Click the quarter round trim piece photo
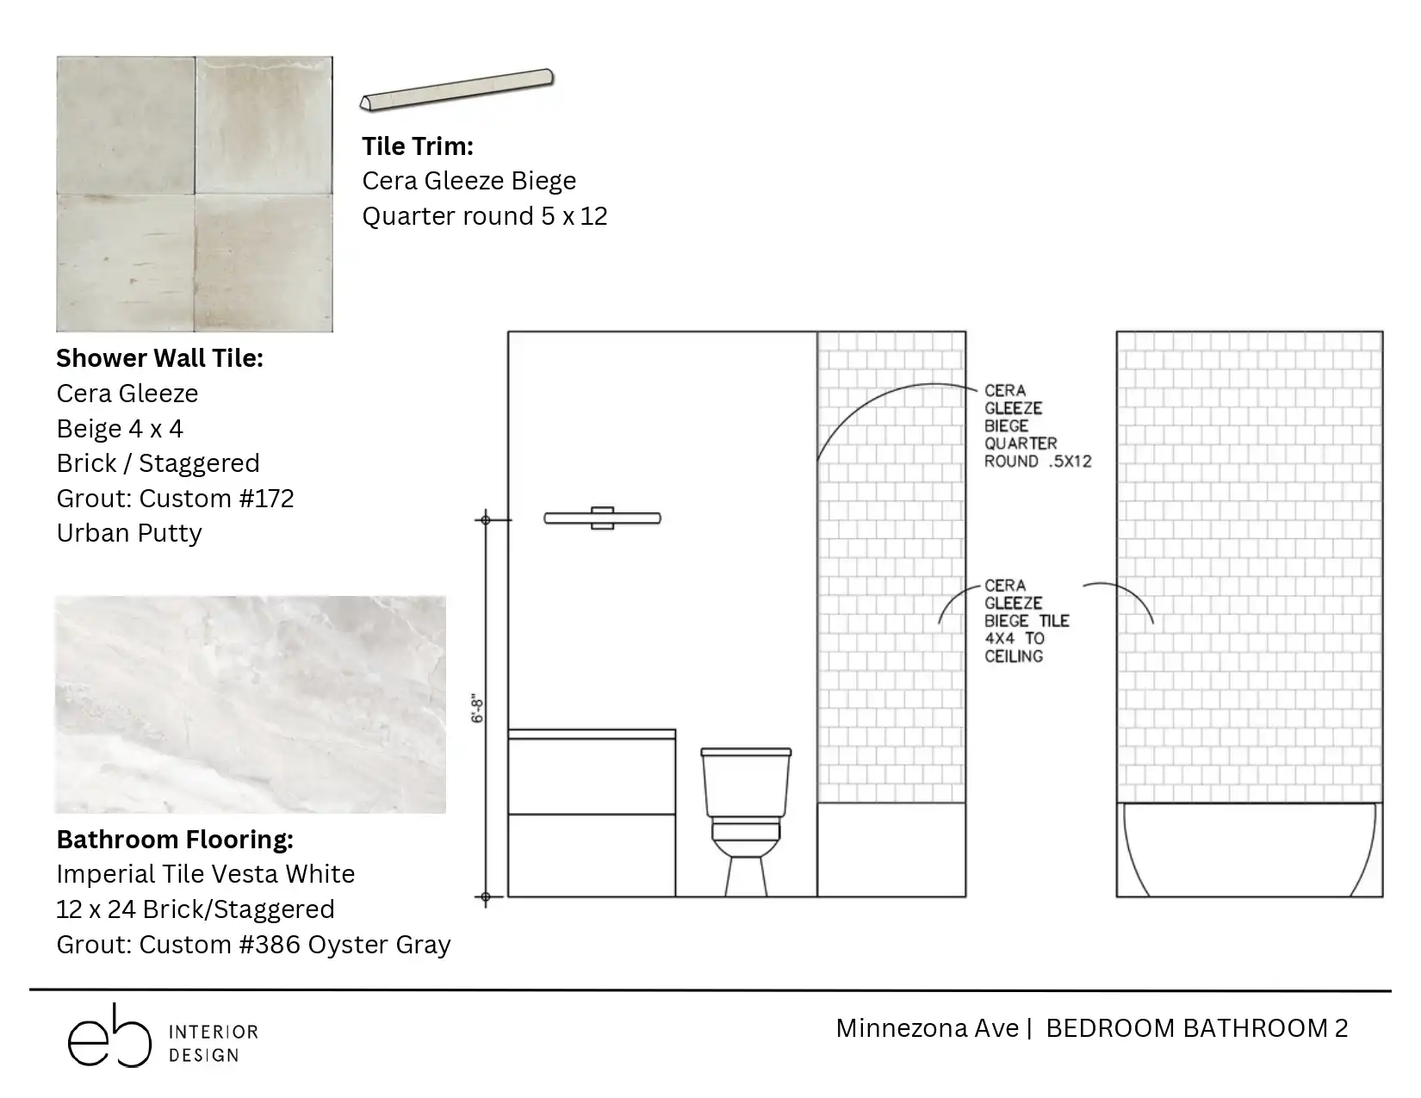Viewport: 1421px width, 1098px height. [456, 90]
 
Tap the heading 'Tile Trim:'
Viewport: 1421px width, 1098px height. [417, 146]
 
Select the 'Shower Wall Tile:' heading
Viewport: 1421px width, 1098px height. [159, 358]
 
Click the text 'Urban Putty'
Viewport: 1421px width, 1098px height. [129, 533]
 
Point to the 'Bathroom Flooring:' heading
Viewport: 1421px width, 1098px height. [175, 840]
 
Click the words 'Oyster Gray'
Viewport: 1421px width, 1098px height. [379, 945]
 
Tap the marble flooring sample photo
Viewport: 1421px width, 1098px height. [251, 704]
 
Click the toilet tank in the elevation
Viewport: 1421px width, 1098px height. [746, 782]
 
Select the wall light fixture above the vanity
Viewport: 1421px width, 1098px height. [602, 518]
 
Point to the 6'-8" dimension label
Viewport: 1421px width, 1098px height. [477, 709]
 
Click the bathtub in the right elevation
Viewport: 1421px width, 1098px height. [1249, 849]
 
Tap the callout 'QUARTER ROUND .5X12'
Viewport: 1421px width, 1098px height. [1038, 452]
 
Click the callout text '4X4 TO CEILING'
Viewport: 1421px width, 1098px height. [1015, 648]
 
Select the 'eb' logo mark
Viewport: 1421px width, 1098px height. [110, 1036]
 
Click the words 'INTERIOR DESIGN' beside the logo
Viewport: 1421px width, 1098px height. [214, 1044]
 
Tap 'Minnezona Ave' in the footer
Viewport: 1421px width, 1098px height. [928, 1029]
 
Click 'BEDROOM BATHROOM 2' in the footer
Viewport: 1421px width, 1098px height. [1197, 1029]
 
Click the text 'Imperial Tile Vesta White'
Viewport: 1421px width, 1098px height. [205, 874]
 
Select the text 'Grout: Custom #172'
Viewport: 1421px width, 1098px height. [175, 499]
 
